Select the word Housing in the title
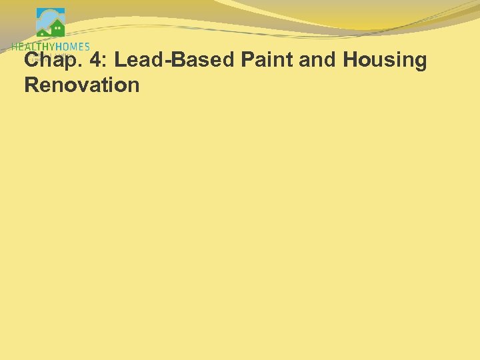(x=385, y=61)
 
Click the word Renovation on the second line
(x=81, y=85)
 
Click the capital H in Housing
(x=351, y=60)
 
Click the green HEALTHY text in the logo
(x=33, y=46)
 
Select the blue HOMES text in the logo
(x=73, y=46)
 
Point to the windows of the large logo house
(x=59, y=30)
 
